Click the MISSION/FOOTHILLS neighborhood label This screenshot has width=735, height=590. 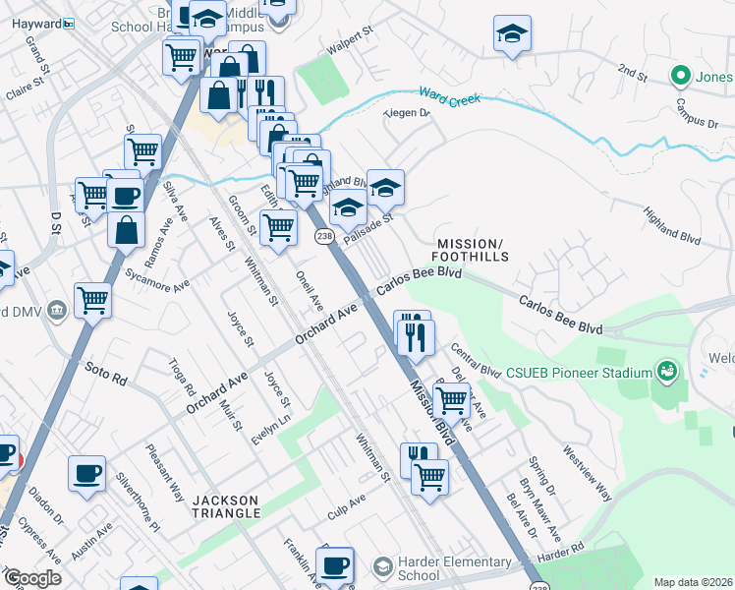[473, 250]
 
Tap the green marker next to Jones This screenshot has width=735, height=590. [679, 75]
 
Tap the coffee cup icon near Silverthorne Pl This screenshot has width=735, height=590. [86, 473]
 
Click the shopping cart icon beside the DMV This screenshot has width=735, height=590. [92, 300]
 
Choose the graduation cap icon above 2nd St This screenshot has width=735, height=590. [512, 34]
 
